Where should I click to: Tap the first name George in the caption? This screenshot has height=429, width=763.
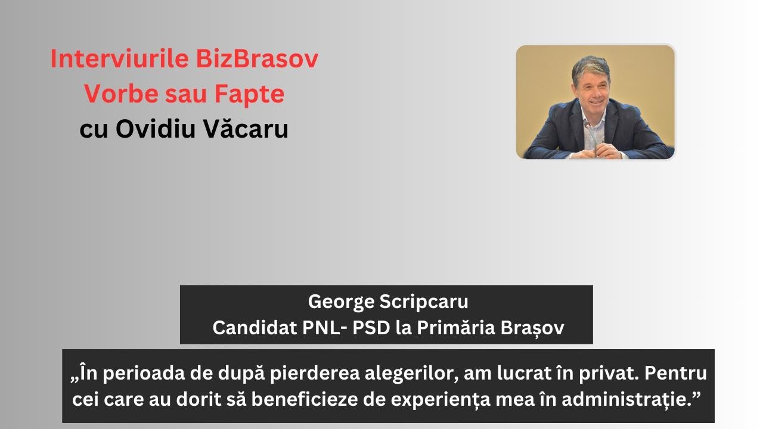pos(341,302)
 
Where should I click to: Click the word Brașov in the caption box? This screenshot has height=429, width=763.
pos(537,328)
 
